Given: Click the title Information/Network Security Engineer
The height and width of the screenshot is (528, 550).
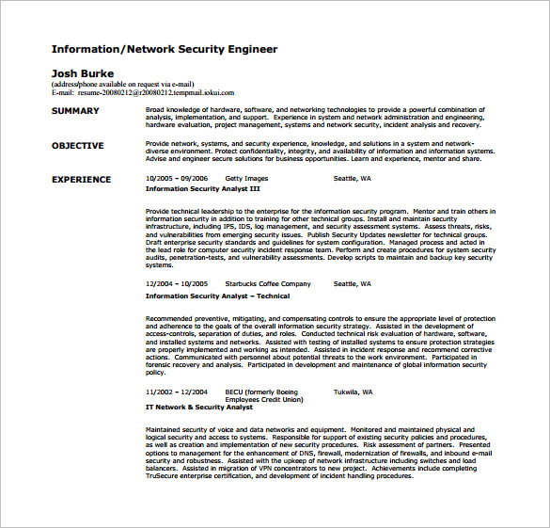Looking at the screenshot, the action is pyautogui.click(x=164, y=49).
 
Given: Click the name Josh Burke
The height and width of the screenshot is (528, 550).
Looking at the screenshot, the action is pyautogui.click(x=82, y=72).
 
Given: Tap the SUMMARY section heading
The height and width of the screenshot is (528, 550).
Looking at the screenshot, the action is pyautogui.click(x=74, y=111).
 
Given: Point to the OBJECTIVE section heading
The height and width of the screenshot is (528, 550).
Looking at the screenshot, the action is pyautogui.click(x=77, y=146).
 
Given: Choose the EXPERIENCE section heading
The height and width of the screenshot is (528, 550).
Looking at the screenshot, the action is pyautogui.click(x=81, y=179).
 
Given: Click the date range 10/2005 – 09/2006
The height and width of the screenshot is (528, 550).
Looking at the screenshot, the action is pyautogui.click(x=177, y=178).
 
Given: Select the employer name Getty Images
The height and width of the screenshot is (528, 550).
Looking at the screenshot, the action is pyautogui.click(x=246, y=178).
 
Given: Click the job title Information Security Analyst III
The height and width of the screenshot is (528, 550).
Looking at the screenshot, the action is pyautogui.click(x=202, y=188).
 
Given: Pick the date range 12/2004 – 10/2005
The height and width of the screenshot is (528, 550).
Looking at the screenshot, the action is pyautogui.click(x=177, y=283).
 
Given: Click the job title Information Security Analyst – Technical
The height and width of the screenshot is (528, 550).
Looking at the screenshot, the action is pyautogui.click(x=217, y=296).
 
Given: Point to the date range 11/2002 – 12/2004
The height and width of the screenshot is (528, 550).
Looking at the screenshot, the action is pyautogui.click(x=177, y=391).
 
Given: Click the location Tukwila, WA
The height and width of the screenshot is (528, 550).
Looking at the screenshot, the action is pyautogui.click(x=354, y=391).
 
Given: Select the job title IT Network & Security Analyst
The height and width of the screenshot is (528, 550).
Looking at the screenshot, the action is pyautogui.click(x=199, y=407).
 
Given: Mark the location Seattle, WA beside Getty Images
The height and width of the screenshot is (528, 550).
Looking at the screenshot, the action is pyautogui.click(x=353, y=178).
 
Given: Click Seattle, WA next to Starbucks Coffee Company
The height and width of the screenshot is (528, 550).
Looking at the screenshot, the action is pyautogui.click(x=353, y=283).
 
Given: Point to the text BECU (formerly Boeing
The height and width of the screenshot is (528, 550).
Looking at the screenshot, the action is pyautogui.click(x=259, y=391).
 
